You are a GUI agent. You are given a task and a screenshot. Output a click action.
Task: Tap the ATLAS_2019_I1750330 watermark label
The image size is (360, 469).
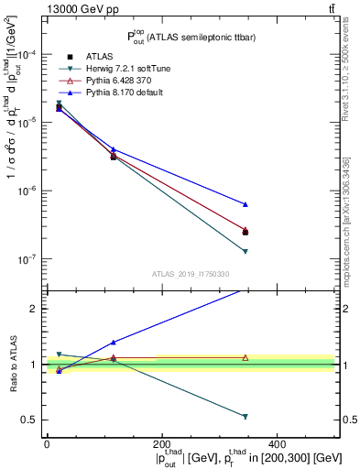pos(191,274)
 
